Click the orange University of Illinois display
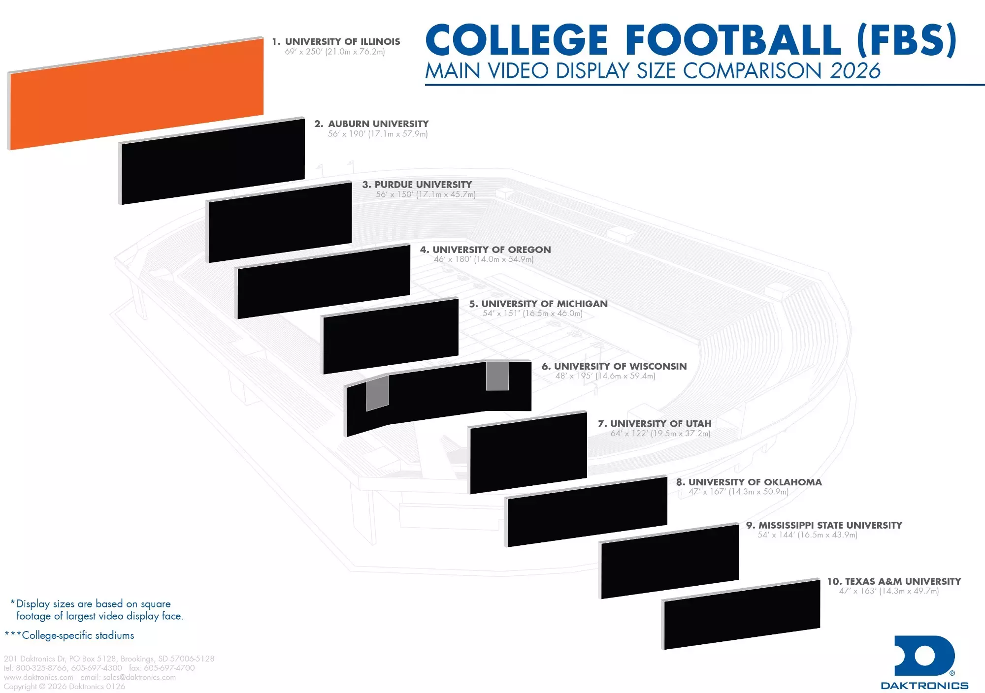coord(135,94)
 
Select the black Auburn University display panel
coord(213,161)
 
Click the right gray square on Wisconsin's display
coord(497,376)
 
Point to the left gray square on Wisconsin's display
coord(377,393)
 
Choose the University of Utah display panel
coord(528,453)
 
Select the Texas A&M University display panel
coord(742,615)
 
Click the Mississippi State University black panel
coord(670,562)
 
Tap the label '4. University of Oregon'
coord(485,250)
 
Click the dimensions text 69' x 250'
coord(334,52)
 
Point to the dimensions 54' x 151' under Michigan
coord(532,314)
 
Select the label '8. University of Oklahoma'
coord(749,482)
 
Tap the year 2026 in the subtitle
coord(855,71)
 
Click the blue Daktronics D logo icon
coord(924,656)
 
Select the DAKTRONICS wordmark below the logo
coord(924,686)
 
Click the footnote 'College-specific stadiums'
coord(78,635)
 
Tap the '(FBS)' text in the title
coord(906,40)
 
